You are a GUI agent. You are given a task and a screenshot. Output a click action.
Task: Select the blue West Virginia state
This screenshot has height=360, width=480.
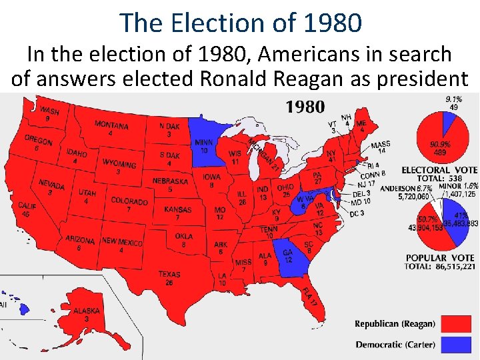[304, 201]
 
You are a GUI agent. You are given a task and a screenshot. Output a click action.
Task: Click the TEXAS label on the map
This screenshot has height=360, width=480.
[169, 274]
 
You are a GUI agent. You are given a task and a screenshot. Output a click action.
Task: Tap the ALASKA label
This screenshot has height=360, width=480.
[87, 311]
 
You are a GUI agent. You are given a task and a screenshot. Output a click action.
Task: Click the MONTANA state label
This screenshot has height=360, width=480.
[111, 125]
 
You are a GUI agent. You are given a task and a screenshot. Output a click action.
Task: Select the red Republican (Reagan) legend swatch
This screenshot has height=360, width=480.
[454, 324]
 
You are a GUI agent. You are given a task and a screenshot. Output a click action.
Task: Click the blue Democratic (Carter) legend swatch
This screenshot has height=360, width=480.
[454, 345]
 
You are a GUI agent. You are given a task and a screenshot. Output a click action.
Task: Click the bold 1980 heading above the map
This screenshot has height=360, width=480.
[305, 106]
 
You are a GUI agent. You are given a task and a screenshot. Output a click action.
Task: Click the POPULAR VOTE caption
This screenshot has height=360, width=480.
[440, 257]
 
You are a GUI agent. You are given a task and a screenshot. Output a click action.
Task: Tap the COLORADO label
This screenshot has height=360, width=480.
[129, 201]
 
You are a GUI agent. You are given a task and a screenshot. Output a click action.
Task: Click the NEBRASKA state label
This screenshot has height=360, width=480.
[169, 181]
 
